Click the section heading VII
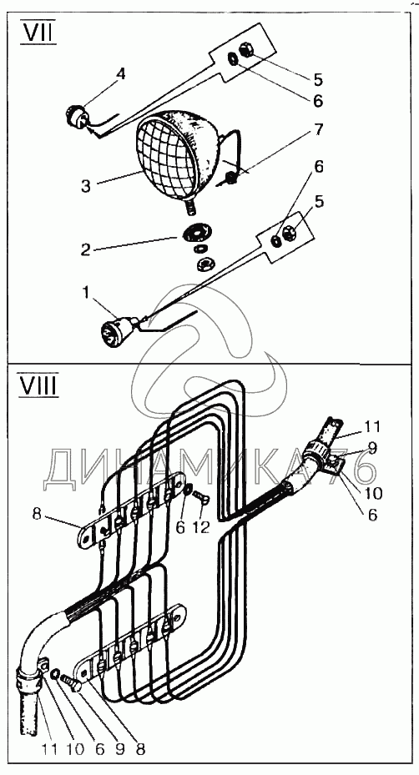tap(38, 33)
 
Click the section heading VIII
tap(38, 384)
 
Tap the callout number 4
tap(121, 74)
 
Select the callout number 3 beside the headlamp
tap(86, 186)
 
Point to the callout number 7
tap(318, 129)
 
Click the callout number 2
tap(86, 249)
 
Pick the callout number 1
tap(86, 293)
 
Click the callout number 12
tap(201, 527)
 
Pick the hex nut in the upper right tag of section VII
tap(246, 50)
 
